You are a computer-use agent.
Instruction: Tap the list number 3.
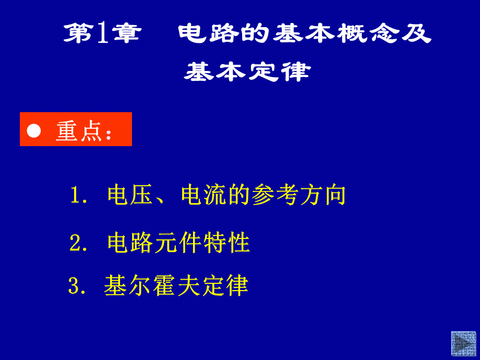pyautogui.click(x=73, y=286)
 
